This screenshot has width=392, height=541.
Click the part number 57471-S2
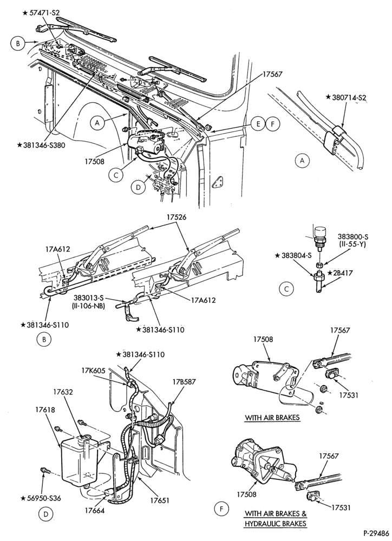[x=41, y=13]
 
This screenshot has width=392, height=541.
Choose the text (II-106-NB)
[x=89, y=306]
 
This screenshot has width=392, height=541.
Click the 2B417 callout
[x=341, y=274]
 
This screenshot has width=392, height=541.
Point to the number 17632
[x=63, y=392]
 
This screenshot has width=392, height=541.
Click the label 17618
[x=45, y=410]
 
